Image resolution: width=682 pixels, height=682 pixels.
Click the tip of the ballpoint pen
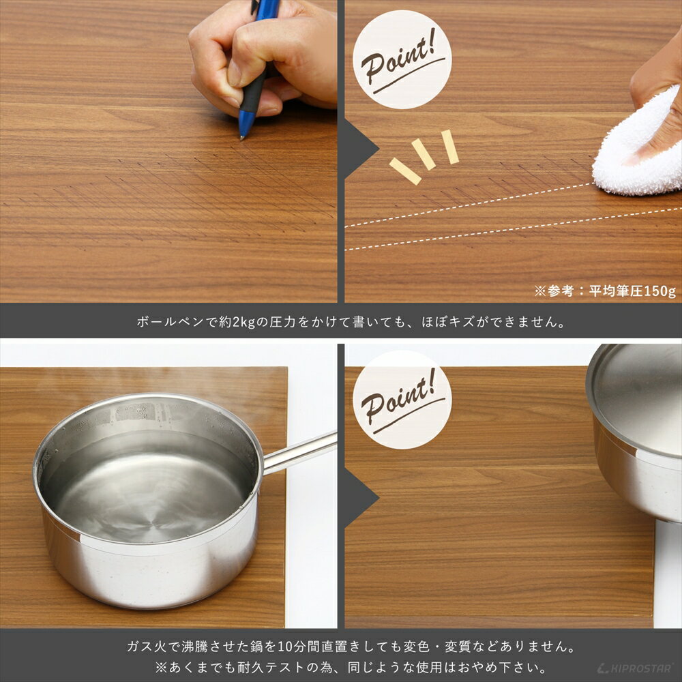pos(241,137)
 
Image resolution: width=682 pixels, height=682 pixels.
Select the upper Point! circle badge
pos(402,59)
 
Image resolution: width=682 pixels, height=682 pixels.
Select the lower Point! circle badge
pos(402,400)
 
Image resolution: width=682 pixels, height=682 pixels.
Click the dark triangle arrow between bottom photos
pos(358,497)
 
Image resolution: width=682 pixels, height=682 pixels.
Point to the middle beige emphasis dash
pos(424,154)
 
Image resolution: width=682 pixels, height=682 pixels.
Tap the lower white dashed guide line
pos(512,229)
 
